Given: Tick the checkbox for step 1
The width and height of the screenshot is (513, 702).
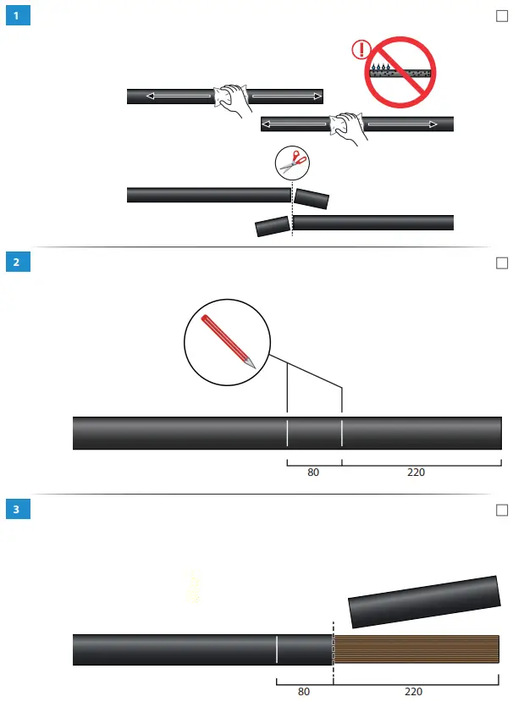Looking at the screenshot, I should click(x=501, y=17).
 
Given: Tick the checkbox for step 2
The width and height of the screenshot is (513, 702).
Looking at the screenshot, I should click(x=501, y=263).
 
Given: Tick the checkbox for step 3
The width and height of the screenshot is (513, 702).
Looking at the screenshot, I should click(x=501, y=510).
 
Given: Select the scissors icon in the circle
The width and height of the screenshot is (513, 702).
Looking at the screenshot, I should click(x=292, y=162).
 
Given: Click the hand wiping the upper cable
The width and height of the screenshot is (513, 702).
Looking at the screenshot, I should click(x=231, y=100).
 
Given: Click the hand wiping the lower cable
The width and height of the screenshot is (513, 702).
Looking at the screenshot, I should click(x=346, y=127).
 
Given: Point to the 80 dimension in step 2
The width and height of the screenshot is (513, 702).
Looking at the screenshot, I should click(x=313, y=472).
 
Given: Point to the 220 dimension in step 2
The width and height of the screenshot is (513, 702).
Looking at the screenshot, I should click(x=416, y=472).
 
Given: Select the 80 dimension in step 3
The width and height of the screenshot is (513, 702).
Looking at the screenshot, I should click(x=304, y=691).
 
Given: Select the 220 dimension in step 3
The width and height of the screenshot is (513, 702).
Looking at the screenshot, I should click(x=414, y=691).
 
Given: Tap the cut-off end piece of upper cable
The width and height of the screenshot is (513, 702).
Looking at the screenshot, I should click(x=312, y=199).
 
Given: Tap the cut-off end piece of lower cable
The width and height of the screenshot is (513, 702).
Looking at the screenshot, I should click(x=273, y=226).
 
